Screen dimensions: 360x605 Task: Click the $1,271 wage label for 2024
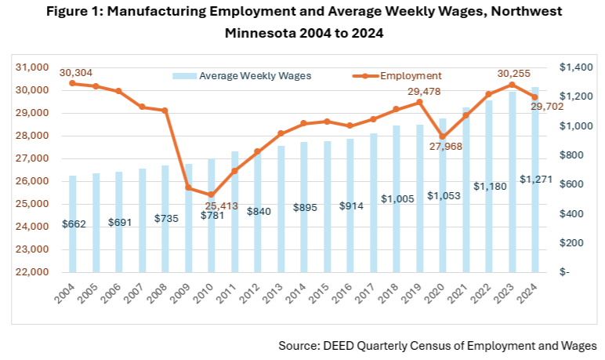point(537,179)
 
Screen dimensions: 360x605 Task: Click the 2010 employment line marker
point(211,195)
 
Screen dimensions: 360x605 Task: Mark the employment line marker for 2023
point(512,85)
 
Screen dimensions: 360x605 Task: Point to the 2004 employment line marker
point(72,83)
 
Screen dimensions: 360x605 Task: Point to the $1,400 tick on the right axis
point(576,68)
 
